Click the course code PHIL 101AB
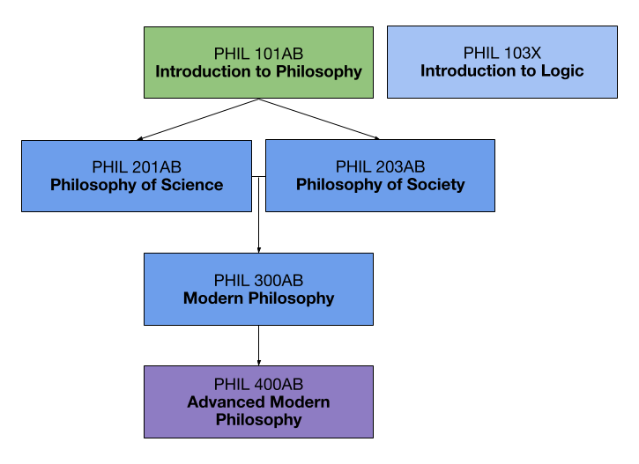pos(258,54)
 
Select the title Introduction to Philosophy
pos(258,71)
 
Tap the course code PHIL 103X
pos(502,53)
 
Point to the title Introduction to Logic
pos(502,70)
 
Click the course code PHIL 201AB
pos(137,167)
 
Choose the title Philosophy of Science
pos(137,185)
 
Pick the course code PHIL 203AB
pos(380,167)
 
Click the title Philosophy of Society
pos(380,185)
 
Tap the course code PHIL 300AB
pos(258,281)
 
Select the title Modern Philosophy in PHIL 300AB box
pos(258,298)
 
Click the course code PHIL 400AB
pos(258,385)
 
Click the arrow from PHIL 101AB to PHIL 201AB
pos(198,119)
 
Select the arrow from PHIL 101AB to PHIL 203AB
pos(319,119)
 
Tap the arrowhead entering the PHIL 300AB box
pos(258,249)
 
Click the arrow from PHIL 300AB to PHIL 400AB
pos(258,345)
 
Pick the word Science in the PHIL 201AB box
pos(191,185)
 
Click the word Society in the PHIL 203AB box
pos(435,185)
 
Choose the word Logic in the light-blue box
pos(562,70)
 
